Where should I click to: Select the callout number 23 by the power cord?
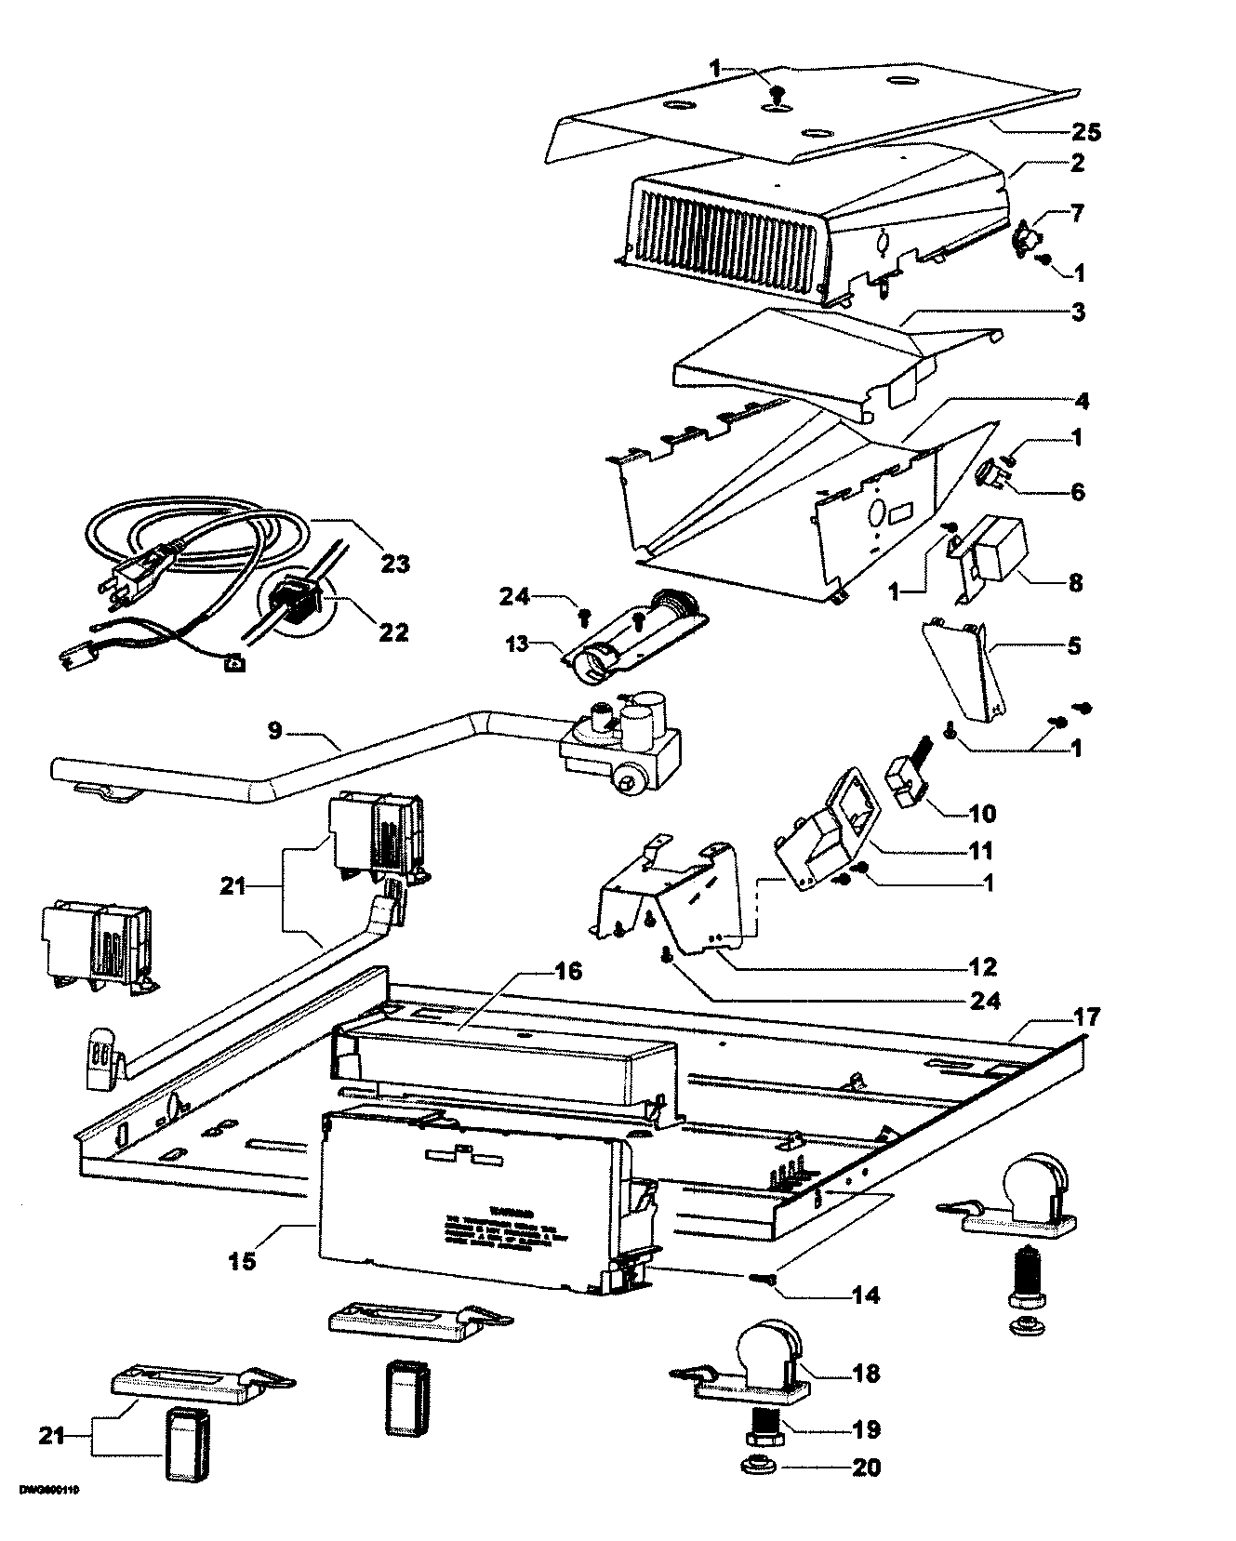point(394,565)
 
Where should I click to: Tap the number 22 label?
point(393,631)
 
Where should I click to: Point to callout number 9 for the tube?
point(275,732)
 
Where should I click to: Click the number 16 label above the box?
point(568,972)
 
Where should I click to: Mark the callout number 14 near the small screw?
point(865,1295)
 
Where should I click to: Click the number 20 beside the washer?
point(865,1468)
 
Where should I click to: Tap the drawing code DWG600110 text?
point(48,1515)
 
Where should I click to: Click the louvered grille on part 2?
point(725,237)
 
